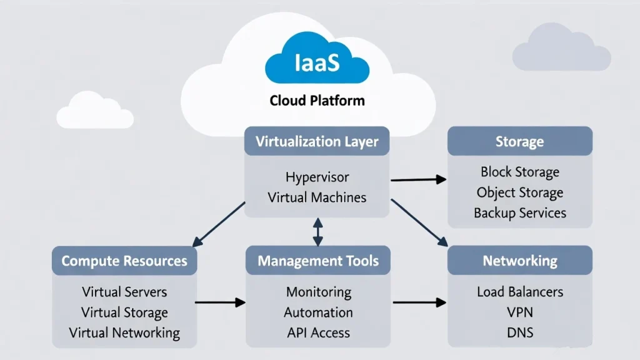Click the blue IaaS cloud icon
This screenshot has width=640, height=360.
[317, 62]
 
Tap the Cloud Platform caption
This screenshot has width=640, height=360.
[317, 100]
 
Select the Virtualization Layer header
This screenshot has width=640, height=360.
[317, 141]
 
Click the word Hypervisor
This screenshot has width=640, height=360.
[317, 177]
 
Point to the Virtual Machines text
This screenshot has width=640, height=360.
[317, 197]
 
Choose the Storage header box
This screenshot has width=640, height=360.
[519, 141]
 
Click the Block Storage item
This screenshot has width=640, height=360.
[519, 172]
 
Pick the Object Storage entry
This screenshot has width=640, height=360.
[519, 192]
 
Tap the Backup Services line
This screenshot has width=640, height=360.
[519, 213]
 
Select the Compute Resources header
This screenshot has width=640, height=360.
[124, 261]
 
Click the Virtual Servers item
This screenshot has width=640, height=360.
[124, 292]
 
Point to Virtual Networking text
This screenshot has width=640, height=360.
[124, 332]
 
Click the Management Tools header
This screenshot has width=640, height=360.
[318, 261]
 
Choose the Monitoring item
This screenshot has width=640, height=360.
[318, 292]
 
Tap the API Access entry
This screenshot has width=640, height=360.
[318, 332]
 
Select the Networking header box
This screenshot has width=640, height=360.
[519, 261]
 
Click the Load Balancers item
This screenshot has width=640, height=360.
[519, 292]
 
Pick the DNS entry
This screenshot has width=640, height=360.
[519, 332]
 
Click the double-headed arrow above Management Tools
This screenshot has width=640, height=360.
[318, 231]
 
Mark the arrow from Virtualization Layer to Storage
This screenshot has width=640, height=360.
[418, 180]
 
